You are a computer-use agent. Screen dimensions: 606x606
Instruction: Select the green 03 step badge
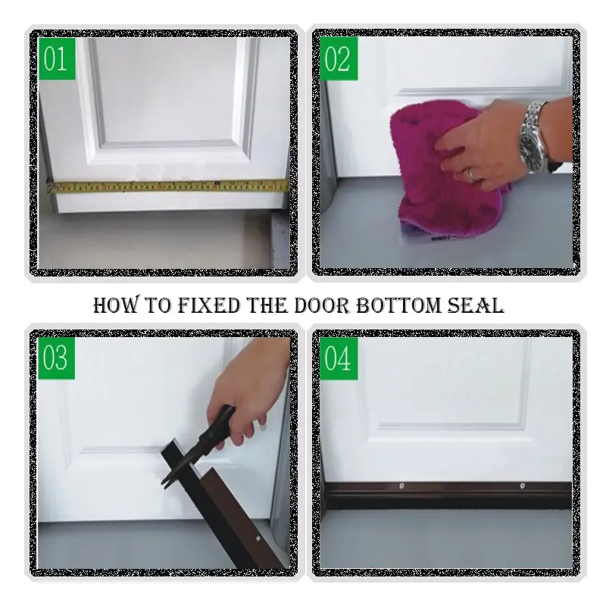(x=56, y=357)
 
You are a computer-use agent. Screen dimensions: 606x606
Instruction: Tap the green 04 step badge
(x=339, y=357)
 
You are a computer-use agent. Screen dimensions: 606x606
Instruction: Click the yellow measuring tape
(x=167, y=185)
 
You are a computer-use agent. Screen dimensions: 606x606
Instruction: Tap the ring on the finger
(x=471, y=173)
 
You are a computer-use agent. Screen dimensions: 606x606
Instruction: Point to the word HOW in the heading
(x=114, y=305)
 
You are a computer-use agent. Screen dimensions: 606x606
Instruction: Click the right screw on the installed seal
(x=521, y=486)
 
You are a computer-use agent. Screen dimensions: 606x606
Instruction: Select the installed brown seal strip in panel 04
(x=454, y=494)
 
